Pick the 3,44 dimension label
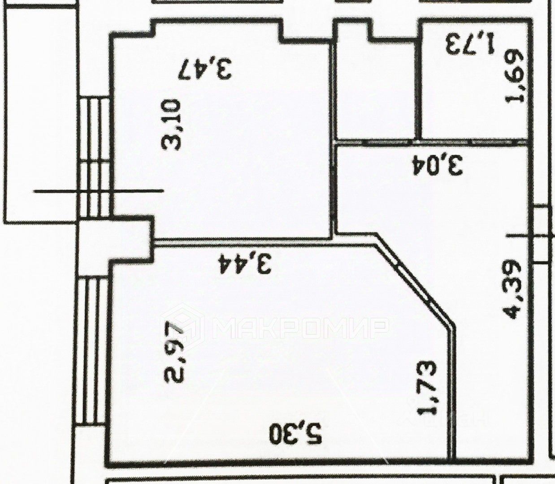[x=245, y=263]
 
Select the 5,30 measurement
[x=296, y=433]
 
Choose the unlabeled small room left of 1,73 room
[x=376, y=90]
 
